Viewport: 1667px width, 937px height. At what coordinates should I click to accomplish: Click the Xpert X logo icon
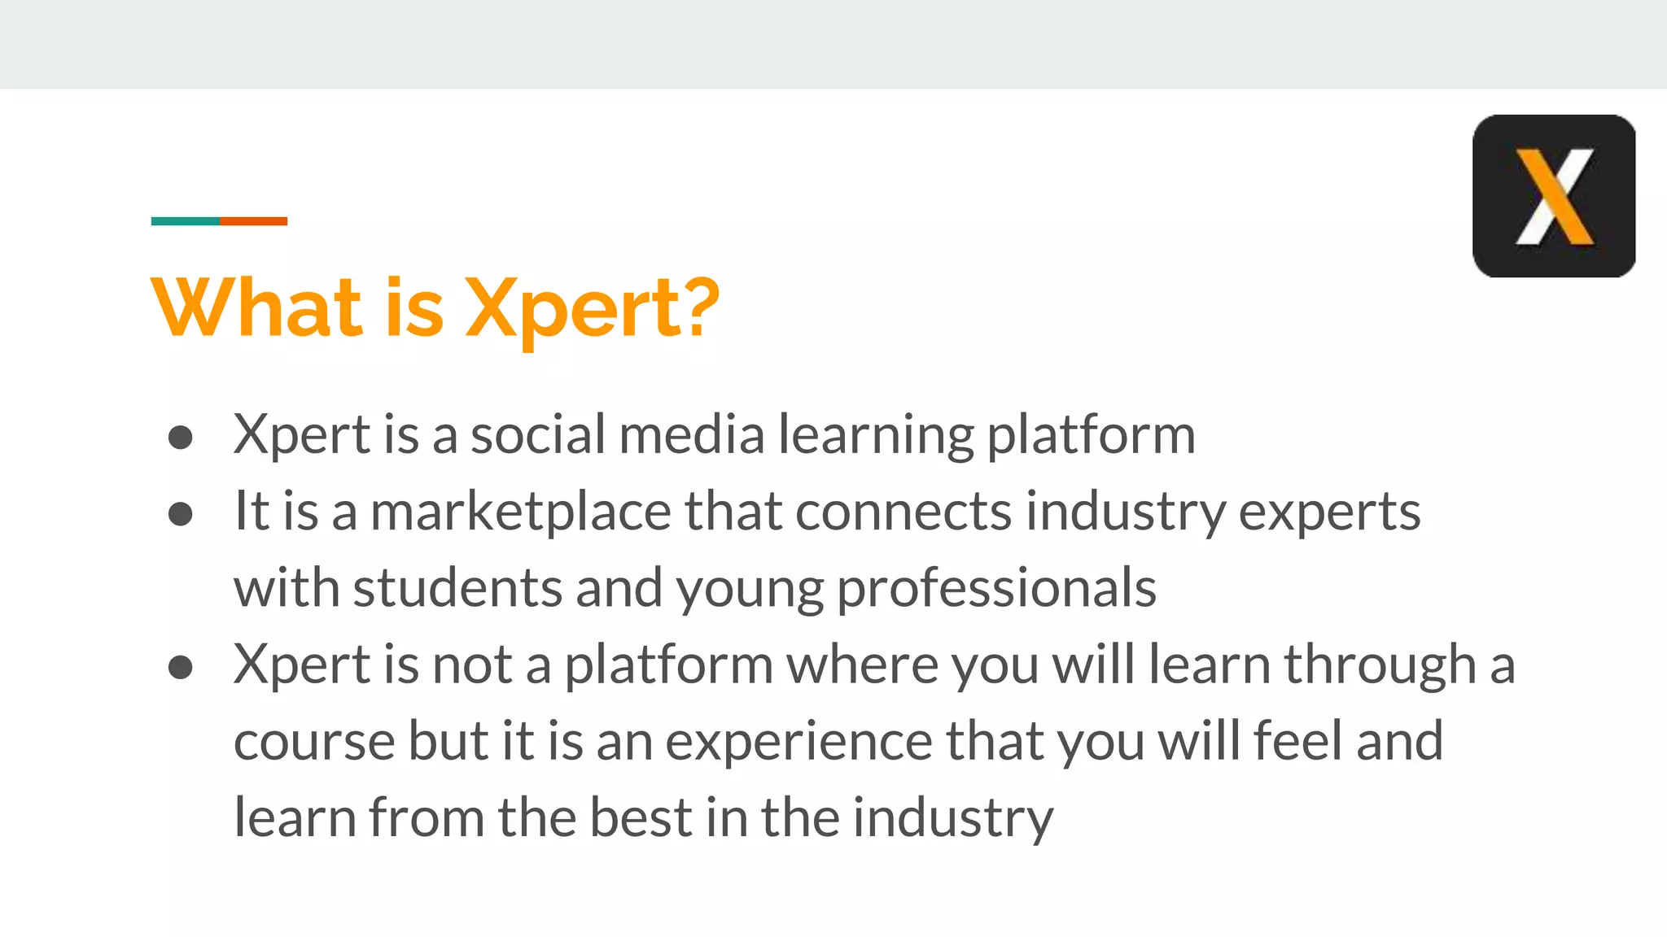(x=1553, y=196)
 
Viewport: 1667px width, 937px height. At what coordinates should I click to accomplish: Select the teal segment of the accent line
(x=186, y=221)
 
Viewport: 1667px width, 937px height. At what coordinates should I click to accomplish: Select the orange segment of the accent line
(x=253, y=221)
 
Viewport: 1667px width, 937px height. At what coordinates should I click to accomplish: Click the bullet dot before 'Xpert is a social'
(x=180, y=438)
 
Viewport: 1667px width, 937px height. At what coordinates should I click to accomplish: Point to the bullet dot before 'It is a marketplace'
(x=180, y=514)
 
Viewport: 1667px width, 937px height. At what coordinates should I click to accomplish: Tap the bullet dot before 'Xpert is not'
(x=180, y=668)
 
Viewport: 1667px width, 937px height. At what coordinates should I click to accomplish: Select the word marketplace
(x=521, y=512)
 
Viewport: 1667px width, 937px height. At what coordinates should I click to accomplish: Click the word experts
(x=1329, y=513)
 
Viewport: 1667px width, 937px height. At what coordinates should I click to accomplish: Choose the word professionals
(x=996, y=588)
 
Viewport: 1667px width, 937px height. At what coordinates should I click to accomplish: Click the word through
(x=1380, y=665)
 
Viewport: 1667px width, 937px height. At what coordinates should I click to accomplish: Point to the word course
(x=314, y=741)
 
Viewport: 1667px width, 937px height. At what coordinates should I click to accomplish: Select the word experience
(x=798, y=742)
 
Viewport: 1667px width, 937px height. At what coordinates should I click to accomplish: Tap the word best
(x=641, y=817)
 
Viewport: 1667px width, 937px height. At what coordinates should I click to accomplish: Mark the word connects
(x=904, y=512)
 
